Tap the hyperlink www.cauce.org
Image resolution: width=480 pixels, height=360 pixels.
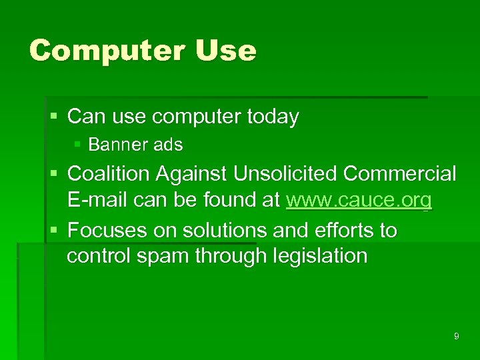pos(359,199)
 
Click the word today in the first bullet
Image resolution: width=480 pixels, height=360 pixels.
pos(273,117)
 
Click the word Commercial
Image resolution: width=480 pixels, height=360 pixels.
pos(400,174)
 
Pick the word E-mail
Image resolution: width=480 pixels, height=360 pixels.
pos(95,199)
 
